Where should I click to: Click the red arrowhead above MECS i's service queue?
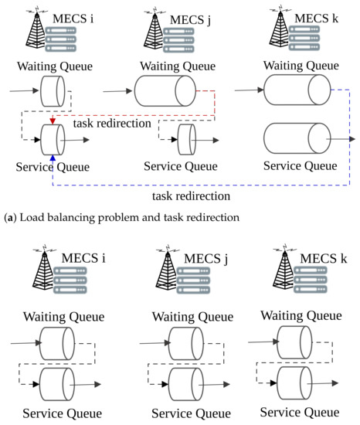pyautogui.click(x=52, y=121)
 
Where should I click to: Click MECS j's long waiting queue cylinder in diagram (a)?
pyautogui.click(x=165, y=92)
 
